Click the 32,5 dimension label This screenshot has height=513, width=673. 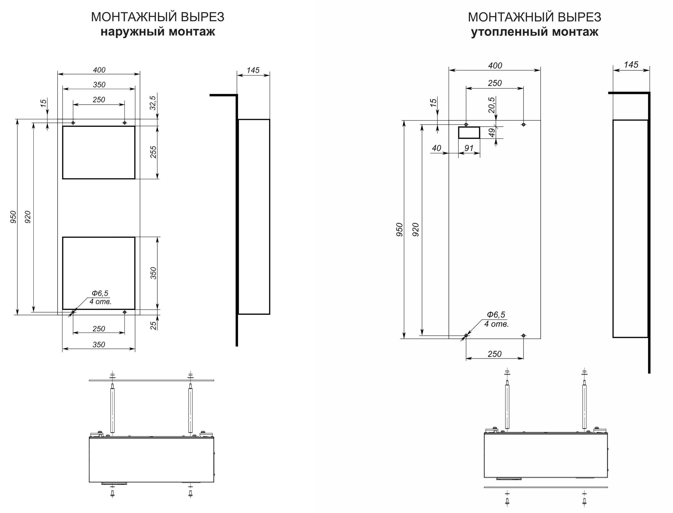pos(153,103)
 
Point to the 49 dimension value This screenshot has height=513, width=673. pos(492,132)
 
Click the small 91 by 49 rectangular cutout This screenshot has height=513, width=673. pos(469,127)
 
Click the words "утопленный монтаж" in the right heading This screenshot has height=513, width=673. pos(535,32)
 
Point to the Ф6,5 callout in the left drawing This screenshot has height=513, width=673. pos(100,293)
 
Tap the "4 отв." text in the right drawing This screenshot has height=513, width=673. pos(497,324)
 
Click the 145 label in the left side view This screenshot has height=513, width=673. pos(253,70)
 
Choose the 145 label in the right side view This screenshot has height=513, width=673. pos(631,65)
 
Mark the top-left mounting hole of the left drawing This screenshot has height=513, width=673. pos(73,123)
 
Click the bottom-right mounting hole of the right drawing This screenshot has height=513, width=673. pos(524,336)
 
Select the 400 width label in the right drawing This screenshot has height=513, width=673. pos(495,66)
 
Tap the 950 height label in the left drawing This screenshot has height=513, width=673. pos(13,217)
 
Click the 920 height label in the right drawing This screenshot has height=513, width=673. pos(415,230)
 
